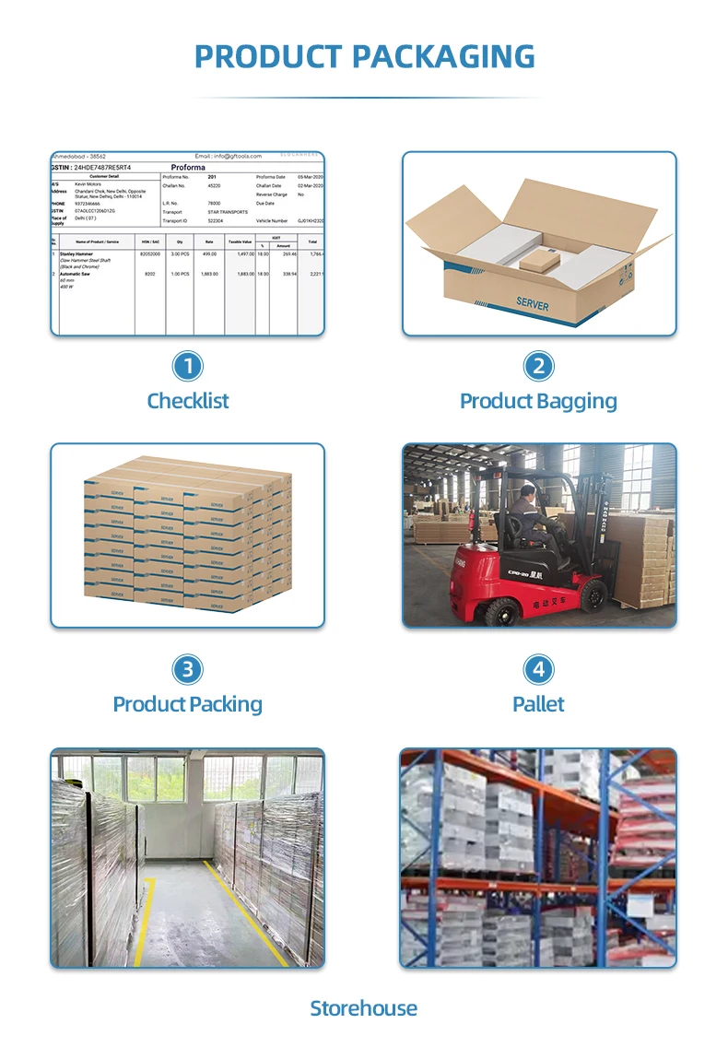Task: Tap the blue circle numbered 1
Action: [188, 366]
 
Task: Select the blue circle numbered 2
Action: [538, 366]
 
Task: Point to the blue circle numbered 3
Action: [188, 669]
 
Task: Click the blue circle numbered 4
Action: [538, 669]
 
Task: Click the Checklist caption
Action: [188, 401]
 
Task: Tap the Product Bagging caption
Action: [538, 401]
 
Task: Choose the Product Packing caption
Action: [188, 704]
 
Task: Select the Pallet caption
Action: [538, 704]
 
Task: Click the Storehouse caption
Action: [363, 1007]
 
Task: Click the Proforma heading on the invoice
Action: [188, 167]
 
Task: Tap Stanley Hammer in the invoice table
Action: [78, 253]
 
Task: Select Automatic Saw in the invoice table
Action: [76, 274]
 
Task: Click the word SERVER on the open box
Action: [533, 305]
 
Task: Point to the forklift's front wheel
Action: [592, 596]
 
